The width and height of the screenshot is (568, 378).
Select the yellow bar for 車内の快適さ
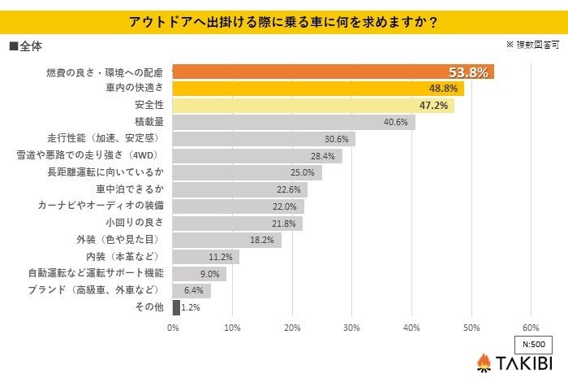[x=318, y=89]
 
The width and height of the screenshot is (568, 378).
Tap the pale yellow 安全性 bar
[x=313, y=106]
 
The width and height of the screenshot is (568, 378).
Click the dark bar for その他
[x=176, y=307]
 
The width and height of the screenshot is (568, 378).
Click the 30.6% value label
[x=336, y=139]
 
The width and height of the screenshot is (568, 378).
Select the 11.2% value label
[x=221, y=257]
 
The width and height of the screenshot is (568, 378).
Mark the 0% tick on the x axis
[x=173, y=328]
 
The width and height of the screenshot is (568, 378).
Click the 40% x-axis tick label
[x=411, y=328]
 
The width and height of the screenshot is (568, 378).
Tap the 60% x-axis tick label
[x=531, y=328]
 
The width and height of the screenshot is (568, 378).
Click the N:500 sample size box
[x=531, y=343]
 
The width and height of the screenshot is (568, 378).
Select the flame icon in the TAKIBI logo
[x=484, y=363]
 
